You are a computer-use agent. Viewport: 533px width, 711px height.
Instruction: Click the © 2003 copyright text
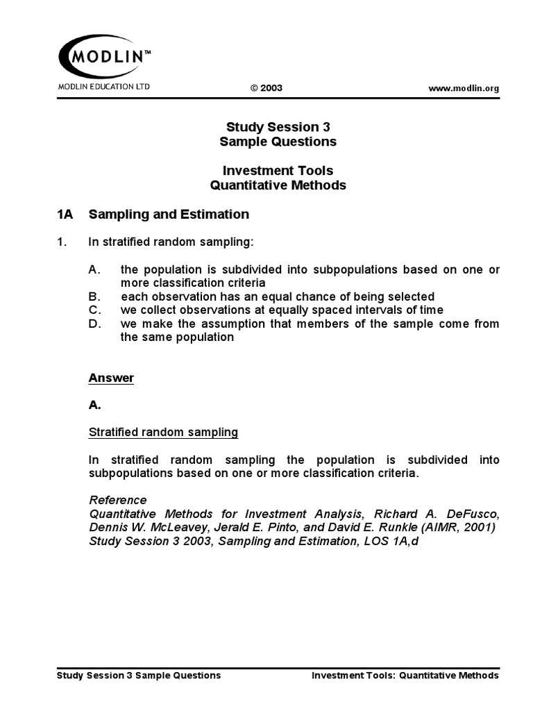266,88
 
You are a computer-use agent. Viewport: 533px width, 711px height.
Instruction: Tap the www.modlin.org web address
464,88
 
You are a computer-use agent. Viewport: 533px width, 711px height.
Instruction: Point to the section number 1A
65,215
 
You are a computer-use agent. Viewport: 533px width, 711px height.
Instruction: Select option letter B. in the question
95,296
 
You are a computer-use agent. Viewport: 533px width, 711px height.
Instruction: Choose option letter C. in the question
96,310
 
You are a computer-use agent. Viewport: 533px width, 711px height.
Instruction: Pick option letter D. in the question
96,324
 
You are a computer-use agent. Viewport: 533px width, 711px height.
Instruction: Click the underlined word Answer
111,378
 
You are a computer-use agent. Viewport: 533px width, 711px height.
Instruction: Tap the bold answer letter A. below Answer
95,405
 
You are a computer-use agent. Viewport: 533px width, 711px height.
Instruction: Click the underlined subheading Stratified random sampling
163,432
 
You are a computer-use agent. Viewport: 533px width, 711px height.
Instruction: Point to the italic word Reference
118,500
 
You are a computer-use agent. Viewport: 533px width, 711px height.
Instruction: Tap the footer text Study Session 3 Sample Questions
137,675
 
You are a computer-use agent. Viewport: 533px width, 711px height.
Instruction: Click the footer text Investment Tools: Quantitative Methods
405,675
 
